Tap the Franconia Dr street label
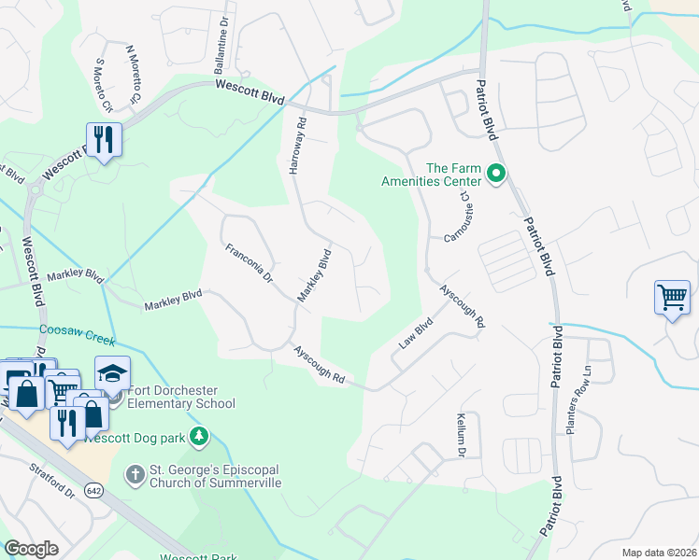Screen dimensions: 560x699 point(248,263)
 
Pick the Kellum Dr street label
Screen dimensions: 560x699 point(461,436)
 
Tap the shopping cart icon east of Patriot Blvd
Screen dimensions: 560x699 point(673,299)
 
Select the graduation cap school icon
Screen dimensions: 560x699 point(112,373)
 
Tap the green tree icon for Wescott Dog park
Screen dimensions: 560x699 point(197,435)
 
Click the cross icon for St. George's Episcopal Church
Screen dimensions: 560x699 point(134,475)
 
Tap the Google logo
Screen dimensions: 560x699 point(32,548)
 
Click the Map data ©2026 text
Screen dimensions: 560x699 point(658,553)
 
